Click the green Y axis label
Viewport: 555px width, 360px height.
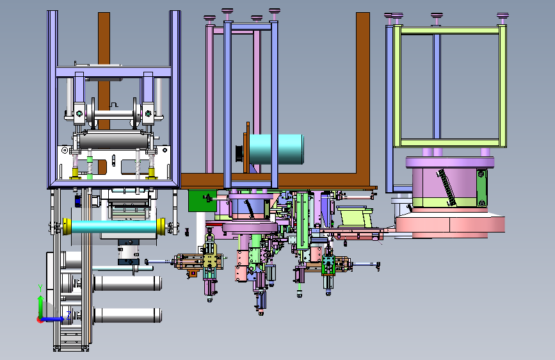[40, 288]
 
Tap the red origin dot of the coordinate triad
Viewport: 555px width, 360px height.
[40, 320]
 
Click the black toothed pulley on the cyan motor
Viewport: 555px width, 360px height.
[239, 154]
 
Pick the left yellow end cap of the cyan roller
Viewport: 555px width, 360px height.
[67, 226]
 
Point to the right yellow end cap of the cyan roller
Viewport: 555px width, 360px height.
[161, 226]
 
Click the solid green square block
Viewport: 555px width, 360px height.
[202, 201]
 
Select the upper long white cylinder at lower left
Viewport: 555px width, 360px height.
[127, 283]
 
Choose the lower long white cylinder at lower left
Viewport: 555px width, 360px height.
[127, 315]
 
